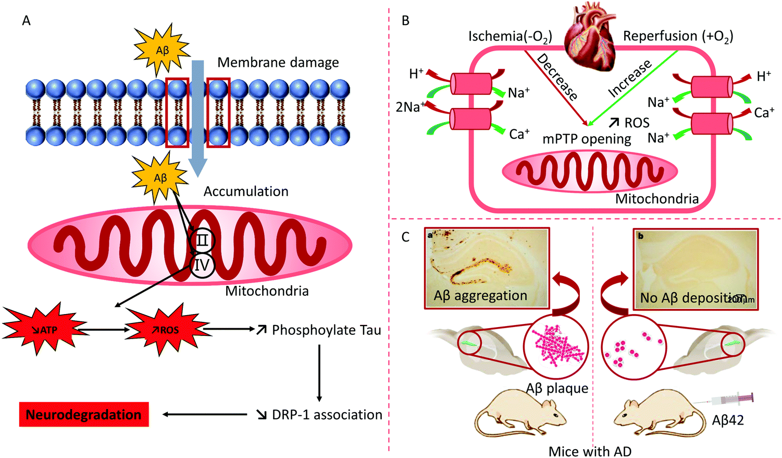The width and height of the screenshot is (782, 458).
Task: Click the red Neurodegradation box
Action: click(83, 415)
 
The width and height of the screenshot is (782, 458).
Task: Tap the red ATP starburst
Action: click(46, 330)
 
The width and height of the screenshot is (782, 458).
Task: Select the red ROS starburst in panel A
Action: click(168, 330)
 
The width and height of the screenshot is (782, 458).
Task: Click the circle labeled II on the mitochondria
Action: click(202, 240)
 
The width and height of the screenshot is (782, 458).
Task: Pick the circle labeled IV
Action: click(202, 265)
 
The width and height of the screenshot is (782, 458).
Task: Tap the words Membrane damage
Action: click(278, 63)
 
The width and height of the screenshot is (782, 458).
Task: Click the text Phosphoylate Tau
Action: click(326, 330)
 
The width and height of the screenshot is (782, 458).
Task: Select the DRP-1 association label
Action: click(327, 415)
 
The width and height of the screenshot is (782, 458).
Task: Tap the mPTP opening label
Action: click(587, 139)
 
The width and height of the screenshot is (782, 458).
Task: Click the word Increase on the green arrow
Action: click(630, 78)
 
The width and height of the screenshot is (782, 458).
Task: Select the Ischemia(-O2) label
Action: click(510, 37)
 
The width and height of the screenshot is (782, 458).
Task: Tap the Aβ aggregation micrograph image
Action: click(487, 268)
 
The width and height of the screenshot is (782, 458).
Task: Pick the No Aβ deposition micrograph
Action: click(696, 268)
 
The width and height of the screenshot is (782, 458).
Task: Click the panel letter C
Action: click(406, 237)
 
